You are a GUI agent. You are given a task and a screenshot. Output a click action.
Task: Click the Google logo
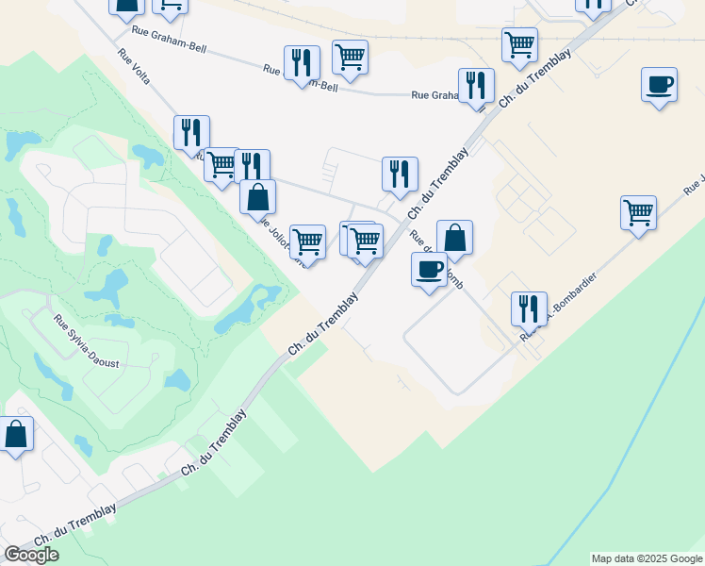point(31,555)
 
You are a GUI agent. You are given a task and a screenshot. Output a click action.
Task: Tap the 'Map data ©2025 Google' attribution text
point(646,558)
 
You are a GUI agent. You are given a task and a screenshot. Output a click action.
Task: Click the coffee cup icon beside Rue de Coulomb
point(429,271)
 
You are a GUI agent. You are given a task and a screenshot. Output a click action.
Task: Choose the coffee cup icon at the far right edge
point(659,85)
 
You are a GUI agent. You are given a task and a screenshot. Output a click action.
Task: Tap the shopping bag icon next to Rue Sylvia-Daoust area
point(16,436)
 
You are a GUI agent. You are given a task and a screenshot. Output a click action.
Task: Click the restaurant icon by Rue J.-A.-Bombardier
point(529,308)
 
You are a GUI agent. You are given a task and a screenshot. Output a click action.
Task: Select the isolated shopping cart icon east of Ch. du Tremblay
point(638,213)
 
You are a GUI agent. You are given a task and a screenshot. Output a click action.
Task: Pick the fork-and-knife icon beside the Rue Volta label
point(191,133)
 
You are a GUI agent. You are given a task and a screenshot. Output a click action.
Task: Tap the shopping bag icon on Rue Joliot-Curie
point(257,197)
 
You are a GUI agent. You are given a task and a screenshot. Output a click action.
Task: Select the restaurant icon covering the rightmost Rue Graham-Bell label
point(476,86)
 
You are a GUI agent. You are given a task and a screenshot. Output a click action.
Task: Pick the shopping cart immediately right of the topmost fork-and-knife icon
point(350,58)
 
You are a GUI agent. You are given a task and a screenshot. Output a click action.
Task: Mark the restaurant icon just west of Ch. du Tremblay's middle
point(400,175)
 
